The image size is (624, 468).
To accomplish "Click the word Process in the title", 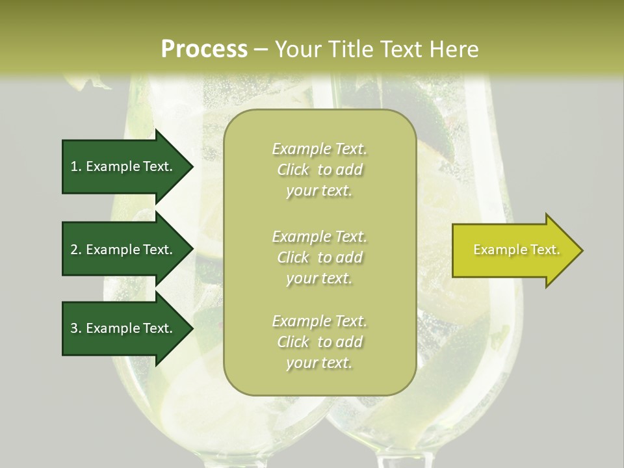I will [x=204, y=49].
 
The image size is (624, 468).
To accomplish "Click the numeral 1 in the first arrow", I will [x=74, y=166].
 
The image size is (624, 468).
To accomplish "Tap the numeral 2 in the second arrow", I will [x=74, y=250].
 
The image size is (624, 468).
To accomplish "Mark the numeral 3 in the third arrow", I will [x=74, y=328].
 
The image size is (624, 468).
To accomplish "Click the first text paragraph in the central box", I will [x=319, y=170].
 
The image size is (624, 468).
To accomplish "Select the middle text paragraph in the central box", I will [x=319, y=257].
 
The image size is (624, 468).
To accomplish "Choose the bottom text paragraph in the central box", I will [x=319, y=342].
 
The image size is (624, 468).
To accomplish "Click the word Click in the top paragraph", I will [x=293, y=170].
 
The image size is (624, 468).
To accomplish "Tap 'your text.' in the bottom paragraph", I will [x=319, y=363].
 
